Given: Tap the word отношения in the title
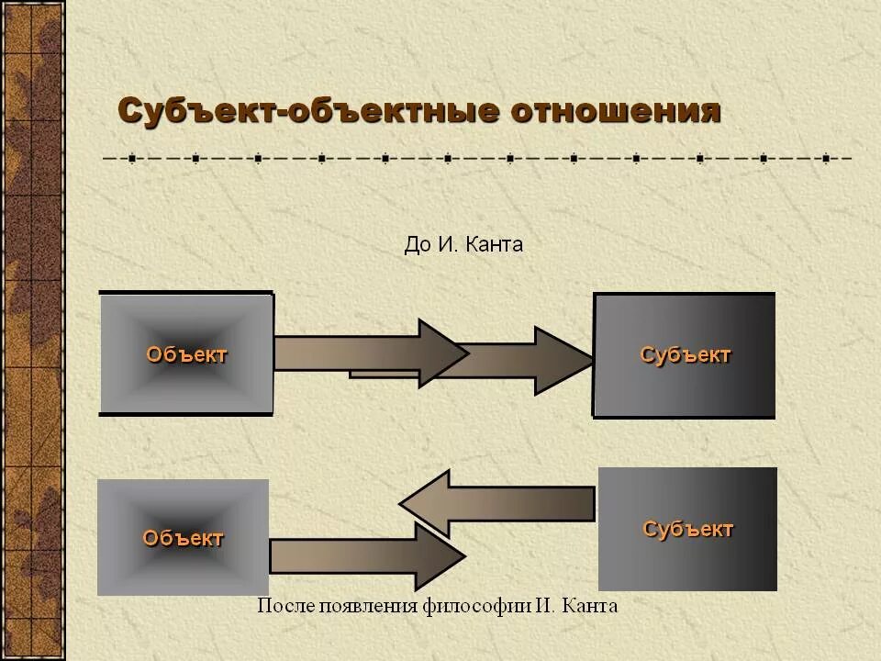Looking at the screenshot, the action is coord(616,112).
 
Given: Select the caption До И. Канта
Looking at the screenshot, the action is coord(463,244).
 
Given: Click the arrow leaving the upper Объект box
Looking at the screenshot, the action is coord(367,353).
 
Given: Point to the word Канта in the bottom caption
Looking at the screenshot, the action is coord(590,606).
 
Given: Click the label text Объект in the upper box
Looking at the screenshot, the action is coord(186,354).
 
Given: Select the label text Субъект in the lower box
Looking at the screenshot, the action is coord(687,529).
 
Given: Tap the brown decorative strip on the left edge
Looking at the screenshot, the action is coord(32,330).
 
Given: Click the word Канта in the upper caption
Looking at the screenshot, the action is coord(494,244).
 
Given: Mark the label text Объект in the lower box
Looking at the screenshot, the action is coord(183,538).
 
